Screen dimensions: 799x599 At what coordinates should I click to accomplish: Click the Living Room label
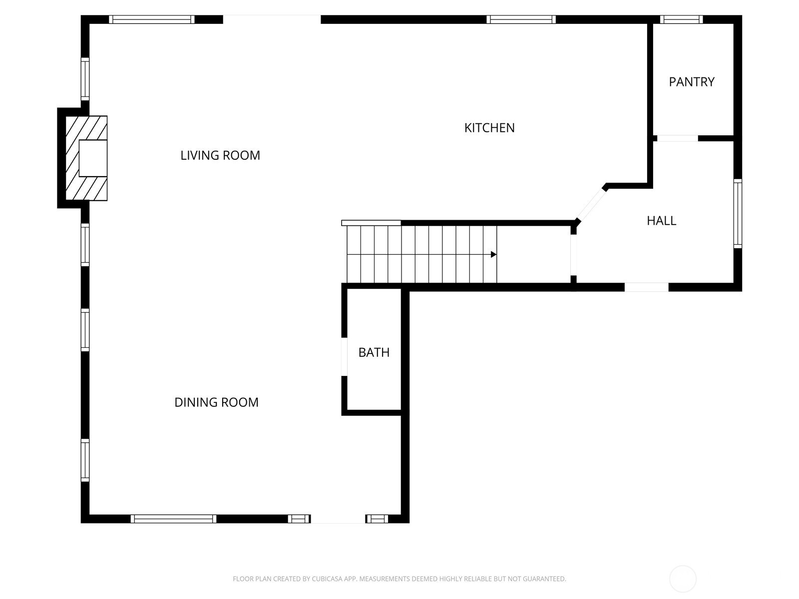click(220, 155)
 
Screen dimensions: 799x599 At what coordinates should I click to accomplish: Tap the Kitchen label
click(489, 128)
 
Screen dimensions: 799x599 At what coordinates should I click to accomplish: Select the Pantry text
click(691, 82)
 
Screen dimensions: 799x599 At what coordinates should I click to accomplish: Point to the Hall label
click(661, 221)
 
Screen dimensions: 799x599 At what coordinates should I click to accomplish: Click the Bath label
click(374, 352)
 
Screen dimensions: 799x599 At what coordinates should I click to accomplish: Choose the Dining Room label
click(217, 402)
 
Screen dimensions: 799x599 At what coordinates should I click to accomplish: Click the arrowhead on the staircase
click(493, 254)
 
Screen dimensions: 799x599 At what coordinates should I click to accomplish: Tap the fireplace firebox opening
click(93, 158)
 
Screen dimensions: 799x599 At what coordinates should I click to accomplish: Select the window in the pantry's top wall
click(681, 19)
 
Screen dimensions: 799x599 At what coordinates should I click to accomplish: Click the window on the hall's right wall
click(738, 214)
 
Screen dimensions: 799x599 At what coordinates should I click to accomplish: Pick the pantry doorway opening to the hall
click(678, 138)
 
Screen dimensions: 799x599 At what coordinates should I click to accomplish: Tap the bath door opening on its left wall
click(344, 357)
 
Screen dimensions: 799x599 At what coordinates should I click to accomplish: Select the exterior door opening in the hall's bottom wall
click(647, 287)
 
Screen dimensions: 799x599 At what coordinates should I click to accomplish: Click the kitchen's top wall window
click(521, 19)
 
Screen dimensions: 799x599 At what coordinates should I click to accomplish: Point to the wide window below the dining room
click(173, 519)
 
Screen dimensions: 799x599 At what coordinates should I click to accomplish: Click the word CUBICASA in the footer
click(328, 579)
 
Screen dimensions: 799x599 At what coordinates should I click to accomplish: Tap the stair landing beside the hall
click(534, 254)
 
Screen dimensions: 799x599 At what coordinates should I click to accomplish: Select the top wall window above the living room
click(152, 19)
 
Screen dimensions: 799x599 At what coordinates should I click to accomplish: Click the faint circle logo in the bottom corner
click(683, 579)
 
